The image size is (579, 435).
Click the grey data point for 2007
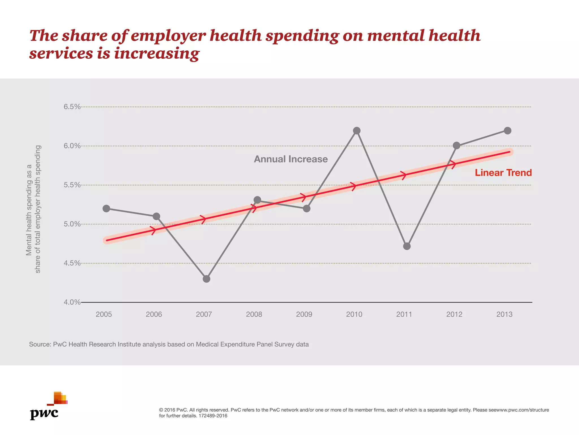[x=206, y=279]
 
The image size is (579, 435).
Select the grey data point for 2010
[x=357, y=131]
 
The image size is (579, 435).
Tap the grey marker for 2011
[x=407, y=246]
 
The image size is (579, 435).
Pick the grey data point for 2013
[x=507, y=131]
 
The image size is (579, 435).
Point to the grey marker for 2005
[x=106, y=209]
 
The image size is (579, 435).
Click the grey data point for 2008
[x=257, y=200]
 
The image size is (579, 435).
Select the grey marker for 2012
[x=456, y=146]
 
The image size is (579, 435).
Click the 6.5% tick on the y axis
[x=72, y=107]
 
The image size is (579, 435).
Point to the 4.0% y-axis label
[x=72, y=302]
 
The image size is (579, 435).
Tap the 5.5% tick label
[x=72, y=185]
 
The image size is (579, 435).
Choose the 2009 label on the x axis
[x=304, y=314]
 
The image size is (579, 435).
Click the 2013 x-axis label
[x=504, y=314]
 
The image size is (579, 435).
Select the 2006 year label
[x=154, y=314]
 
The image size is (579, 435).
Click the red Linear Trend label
[x=503, y=173]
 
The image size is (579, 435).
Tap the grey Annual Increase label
[x=291, y=159]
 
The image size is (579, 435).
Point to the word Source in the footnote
[x=40, y=344]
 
